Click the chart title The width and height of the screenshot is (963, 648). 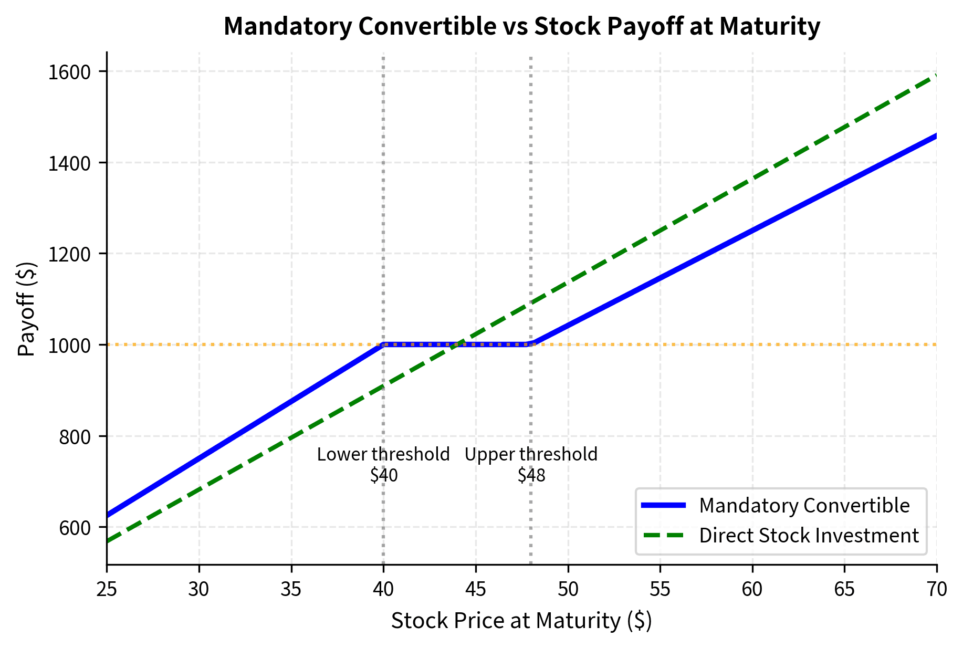[x=521, y=26]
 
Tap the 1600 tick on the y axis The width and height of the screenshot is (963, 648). [x=69, y=72]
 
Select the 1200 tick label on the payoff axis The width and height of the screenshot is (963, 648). [x=69, y=254]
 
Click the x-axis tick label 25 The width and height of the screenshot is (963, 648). [x=107, y=589]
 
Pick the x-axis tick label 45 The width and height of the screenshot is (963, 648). [x=476, y=589]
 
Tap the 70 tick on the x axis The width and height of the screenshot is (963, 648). [x=937, y=589]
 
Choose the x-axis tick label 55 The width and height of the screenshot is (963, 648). [x=660, y=589]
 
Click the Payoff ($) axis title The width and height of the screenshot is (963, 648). [x=26, y=309]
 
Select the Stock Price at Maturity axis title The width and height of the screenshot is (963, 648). [x=521, y=621]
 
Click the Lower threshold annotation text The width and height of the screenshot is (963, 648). [x=383, y=454]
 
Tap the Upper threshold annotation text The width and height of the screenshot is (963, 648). [x=531, y=454]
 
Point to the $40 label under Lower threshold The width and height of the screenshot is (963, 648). [x=384, y=475]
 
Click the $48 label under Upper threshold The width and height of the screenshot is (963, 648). [x=531, y=475]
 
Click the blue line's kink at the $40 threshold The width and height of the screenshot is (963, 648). [x=383, y=344]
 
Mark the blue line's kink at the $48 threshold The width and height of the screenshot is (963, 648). [x=531, y=344]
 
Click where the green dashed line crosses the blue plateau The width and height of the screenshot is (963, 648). [x=458, y=344]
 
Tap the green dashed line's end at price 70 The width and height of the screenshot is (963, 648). [x=936, y=76]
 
